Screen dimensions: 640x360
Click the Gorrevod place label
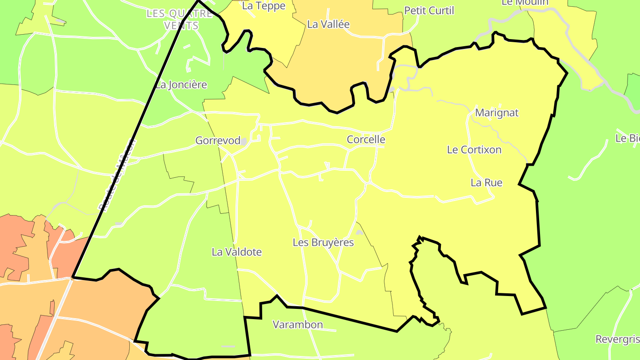[218, 140]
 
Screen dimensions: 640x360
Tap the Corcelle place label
[366, 140]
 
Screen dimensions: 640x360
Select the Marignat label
[496, 113]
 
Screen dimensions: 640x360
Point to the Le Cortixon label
[474, 150]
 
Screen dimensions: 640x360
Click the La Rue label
[486, 183]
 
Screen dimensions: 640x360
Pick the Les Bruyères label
[323, 243]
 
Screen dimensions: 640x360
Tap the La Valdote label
[236, 252]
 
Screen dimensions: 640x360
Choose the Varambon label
[297, 325]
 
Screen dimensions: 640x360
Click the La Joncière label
[181, 85]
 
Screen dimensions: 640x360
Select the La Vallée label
[328, 24]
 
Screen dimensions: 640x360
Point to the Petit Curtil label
[429, 11]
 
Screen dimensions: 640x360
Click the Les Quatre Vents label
[180, 20]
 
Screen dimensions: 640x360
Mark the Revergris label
[617, 340]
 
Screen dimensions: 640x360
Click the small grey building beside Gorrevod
[244, 141]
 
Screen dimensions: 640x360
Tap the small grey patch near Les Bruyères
[359, 232]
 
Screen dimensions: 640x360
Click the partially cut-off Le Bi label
[627, 138]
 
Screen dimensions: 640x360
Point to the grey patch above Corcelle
[391, 90]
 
